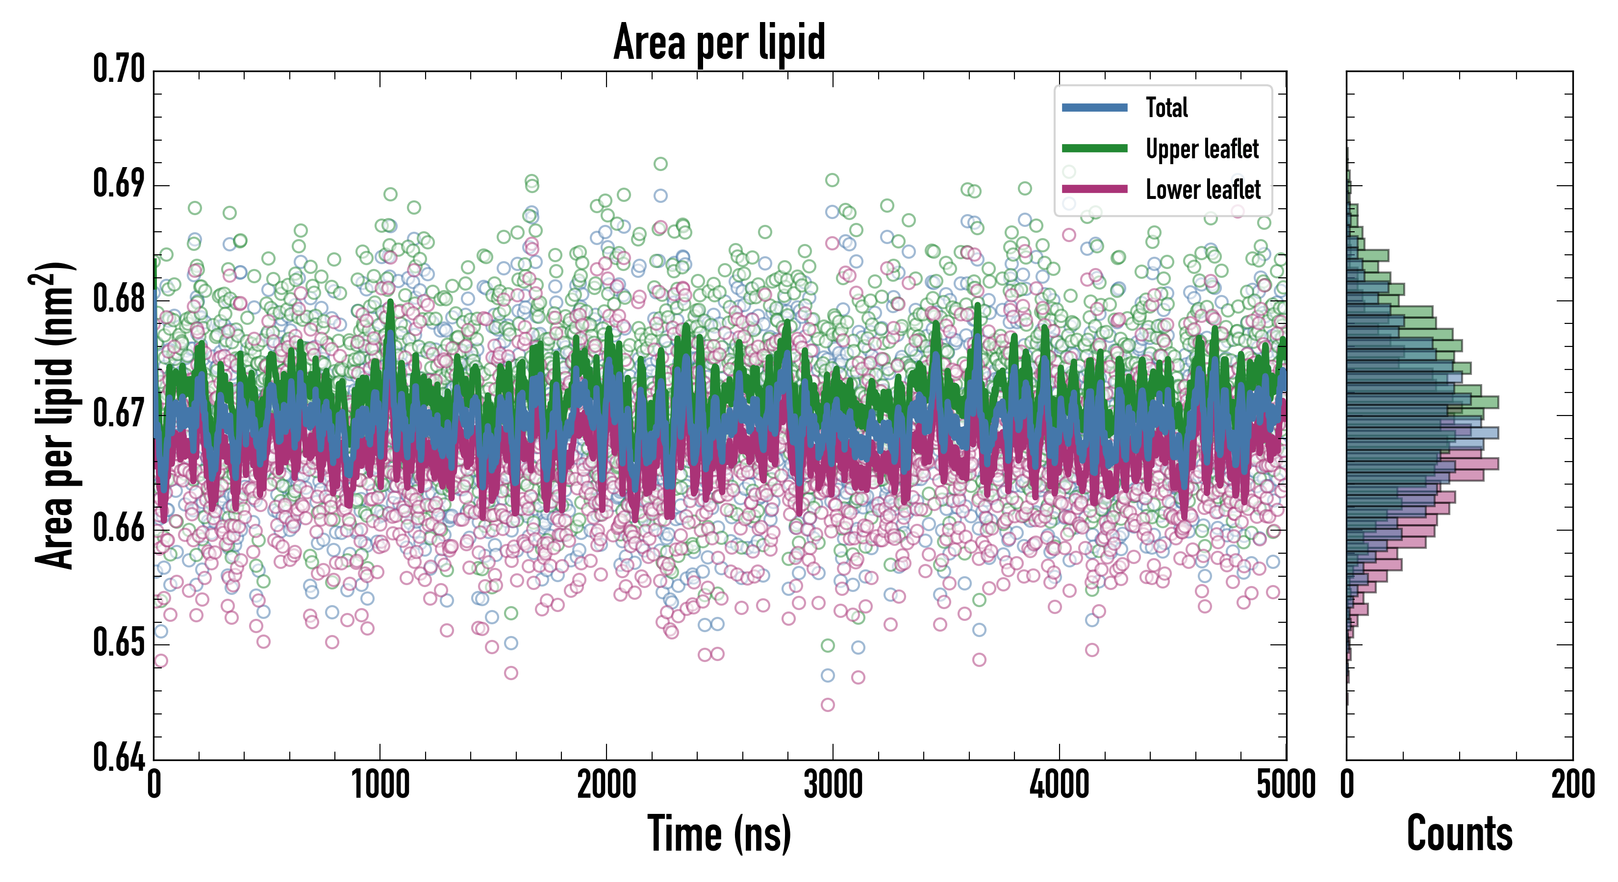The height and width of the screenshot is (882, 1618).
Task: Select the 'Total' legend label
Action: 1166,107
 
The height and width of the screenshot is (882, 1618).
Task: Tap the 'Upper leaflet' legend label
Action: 1202,149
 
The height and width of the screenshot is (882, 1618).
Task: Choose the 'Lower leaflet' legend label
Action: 1203,190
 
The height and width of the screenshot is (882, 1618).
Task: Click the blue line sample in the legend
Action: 1094,107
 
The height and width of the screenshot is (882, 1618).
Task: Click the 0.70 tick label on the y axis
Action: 119,69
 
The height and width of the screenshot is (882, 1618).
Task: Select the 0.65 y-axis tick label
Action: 119,643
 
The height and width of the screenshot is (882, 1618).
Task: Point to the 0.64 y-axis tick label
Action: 119,757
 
